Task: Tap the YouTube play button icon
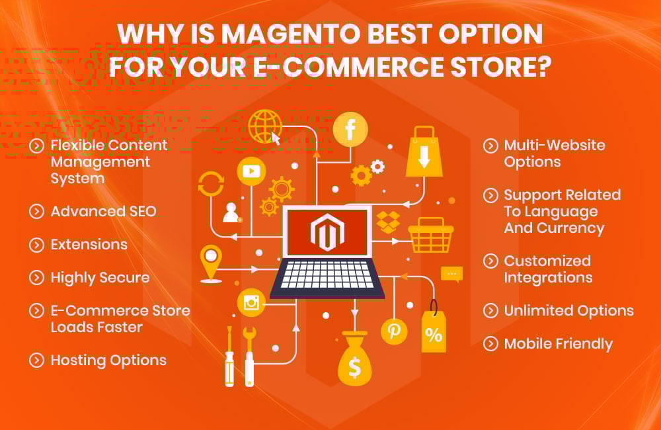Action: pyautogui.click(x=251, y=171)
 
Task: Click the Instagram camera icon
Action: pyautogui.click(x=251, y=303)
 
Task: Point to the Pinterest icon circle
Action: pyautogui.click(x=395, y=331)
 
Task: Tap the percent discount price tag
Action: pyautogui.click(x=434, y=331)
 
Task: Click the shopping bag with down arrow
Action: pyautogui.click(x=424, y=153)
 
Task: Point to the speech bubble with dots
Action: pyautogui.click(x=452, y=274)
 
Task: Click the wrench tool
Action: pyautogui.click(x=249, y=355)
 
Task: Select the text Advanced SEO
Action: pyautogui.click(x=104, y=212)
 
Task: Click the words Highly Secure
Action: pyautogui.click(x=100, y=278)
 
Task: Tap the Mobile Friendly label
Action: pyautogui.click(x=558, y=344)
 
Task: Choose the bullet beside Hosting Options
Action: pyautogui.click(x=36, y=361)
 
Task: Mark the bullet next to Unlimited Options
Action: pyautogui.click(x=490, y=311)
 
